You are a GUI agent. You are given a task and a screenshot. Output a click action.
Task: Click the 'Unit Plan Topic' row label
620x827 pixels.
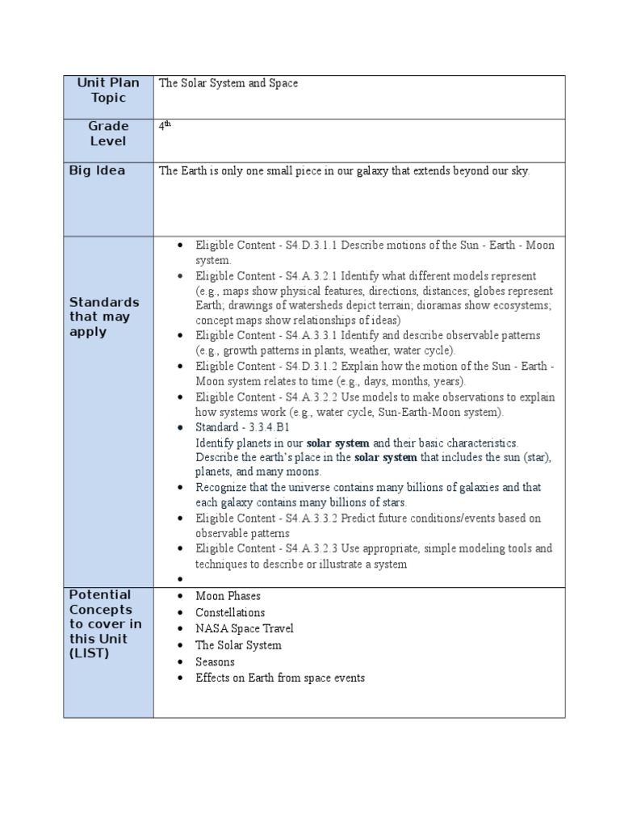click(x=108, y=90)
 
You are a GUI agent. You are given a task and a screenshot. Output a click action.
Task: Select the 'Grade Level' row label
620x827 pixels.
click(x=108, y=133)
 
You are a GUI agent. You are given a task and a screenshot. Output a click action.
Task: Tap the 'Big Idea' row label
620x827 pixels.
click(x=97, y=171)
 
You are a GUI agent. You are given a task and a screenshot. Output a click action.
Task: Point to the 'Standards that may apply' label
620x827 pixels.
click(x=104, y=317)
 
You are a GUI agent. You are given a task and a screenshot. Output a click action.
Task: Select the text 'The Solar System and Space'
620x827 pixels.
click(x=228, y=83)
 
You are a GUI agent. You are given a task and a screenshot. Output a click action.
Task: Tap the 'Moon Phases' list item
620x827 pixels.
click(x=228, y=596)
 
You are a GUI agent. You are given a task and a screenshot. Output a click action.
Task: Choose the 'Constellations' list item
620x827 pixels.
click(x=230, y=612)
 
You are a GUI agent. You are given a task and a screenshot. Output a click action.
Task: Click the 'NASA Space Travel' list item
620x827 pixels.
click(x=245, y=628)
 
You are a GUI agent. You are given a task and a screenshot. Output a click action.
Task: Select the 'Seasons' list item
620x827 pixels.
click(x=216, y=661)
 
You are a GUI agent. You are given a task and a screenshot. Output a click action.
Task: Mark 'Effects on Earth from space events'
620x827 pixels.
click(x=280, y=678)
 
